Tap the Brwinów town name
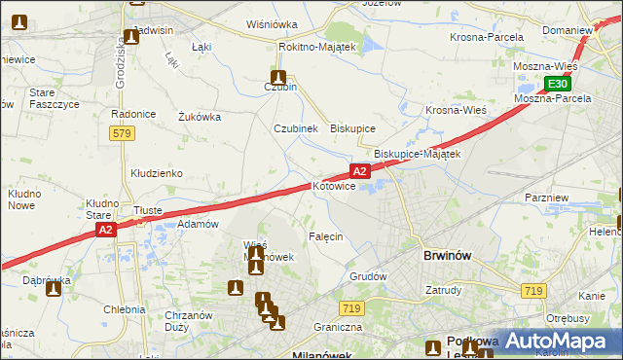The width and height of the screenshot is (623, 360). click(x=449, y=256)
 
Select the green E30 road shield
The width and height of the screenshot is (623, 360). click(x=553, y=84)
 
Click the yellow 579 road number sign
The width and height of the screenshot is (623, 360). click(x=121, y=134)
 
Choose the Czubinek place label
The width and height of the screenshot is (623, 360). click(x=296, y=127)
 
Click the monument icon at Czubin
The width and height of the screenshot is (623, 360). click(x=278, y=77)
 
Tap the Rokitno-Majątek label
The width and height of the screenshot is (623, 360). click(x=318, y=46)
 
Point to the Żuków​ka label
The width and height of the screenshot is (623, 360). click(x=200, y=117)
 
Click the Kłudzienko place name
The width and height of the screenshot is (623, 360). click(x=157, y=172)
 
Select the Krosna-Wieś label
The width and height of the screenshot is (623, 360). click(x=456, y=110)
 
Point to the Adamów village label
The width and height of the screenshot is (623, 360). click(x=197, y=223)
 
